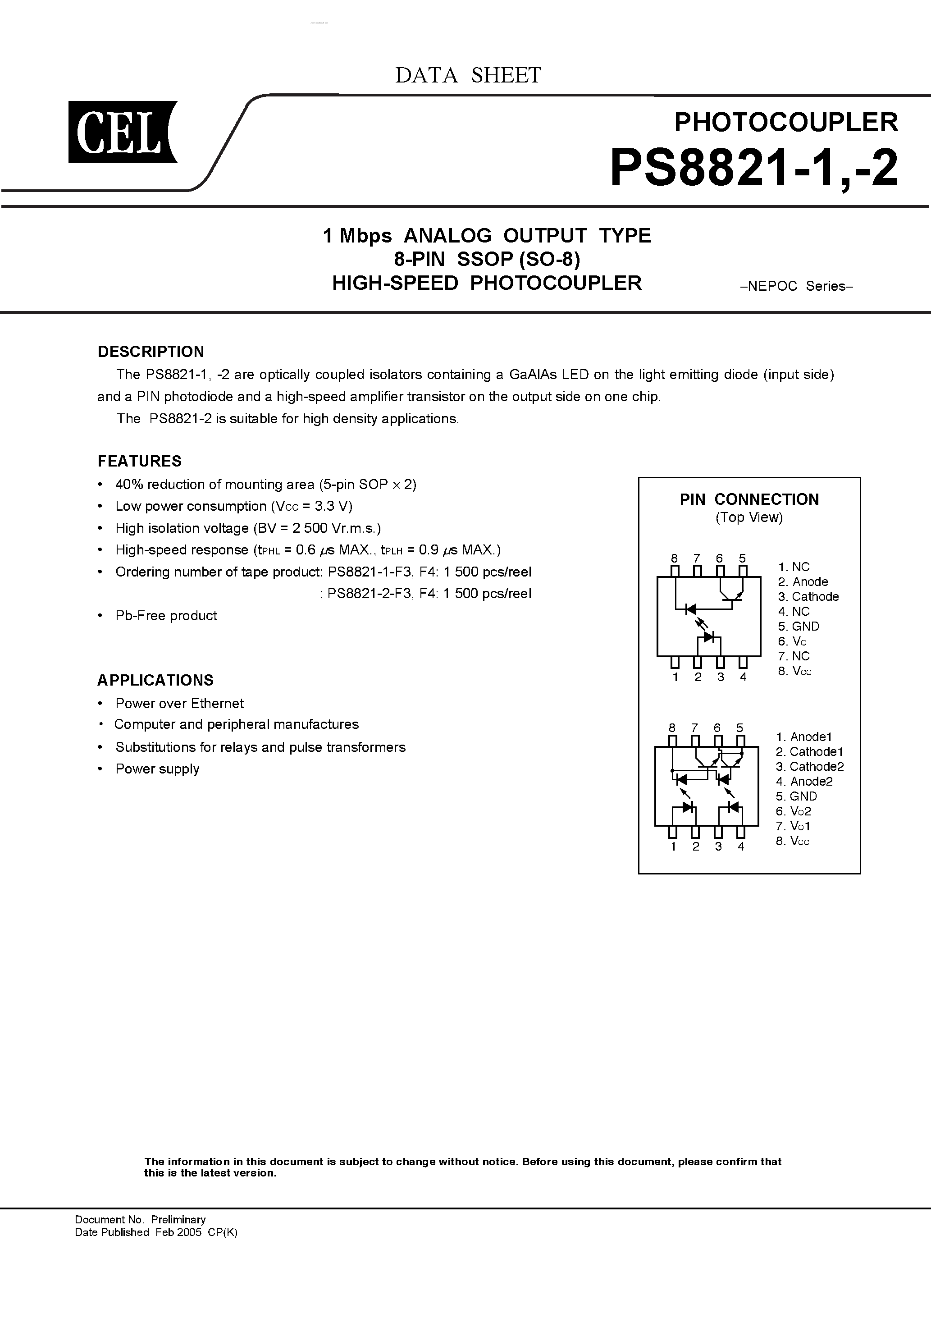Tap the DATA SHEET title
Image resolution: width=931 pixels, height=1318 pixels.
468,75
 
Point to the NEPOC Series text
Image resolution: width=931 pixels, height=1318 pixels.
797,286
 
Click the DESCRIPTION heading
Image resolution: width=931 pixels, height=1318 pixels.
151,351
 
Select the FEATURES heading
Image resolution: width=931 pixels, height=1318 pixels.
140,461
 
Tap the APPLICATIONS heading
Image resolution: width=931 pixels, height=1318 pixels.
155,680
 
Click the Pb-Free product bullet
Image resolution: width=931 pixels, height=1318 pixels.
166,615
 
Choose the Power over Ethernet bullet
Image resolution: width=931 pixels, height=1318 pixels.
179,703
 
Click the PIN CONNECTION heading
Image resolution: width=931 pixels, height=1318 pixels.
749,499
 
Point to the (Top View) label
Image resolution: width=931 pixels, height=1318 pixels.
749,517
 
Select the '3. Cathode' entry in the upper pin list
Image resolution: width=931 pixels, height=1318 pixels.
808,596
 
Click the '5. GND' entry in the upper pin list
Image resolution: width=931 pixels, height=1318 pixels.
799,626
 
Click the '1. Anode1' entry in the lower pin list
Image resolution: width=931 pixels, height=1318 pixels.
803,737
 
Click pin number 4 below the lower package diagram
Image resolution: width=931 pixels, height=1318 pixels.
741,846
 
